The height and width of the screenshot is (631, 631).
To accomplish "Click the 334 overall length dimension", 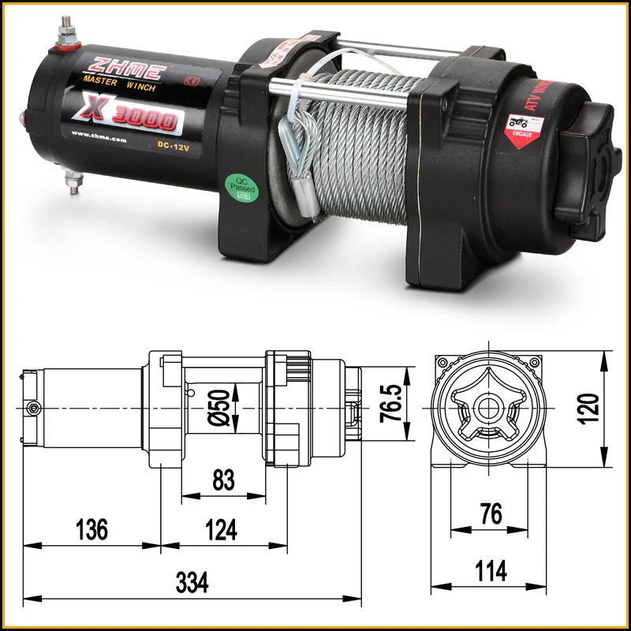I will (x=192, y=584).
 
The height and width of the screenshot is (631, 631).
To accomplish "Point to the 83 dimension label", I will (x=223, y=480).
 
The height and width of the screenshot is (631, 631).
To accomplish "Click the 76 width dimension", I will (x=490, y=514).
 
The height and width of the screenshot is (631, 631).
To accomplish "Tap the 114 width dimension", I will (x=491, y=570).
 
